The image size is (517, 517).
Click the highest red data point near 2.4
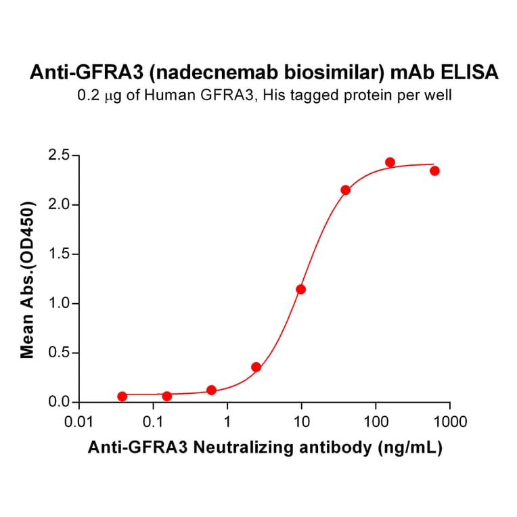click(390, 162)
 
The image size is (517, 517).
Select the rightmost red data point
click(434, 171)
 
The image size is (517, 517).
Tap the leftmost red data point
click(122, 397)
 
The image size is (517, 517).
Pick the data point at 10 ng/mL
click(300, 289)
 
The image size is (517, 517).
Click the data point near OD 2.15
click(346, 190)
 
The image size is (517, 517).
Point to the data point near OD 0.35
click(256, 367)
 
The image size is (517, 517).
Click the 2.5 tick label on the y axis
click(61, 156)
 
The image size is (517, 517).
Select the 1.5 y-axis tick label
click(61, 254)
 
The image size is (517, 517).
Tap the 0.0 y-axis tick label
click(61, 403)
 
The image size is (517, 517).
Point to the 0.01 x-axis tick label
click(79, 423)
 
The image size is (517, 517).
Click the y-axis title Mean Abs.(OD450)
click(28, 279)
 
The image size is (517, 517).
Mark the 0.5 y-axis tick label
click(61, 353)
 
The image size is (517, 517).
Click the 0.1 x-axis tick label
click(154, 423)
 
